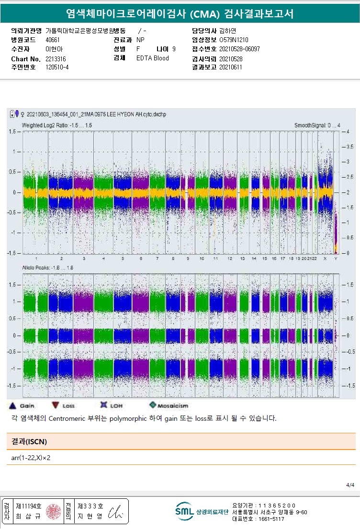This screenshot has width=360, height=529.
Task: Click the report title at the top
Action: coord(180,14)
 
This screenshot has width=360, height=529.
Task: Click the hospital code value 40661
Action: coord(53,40)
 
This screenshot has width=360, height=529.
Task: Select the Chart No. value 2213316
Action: coord(56,58)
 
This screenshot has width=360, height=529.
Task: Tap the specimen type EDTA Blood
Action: coord(152,58)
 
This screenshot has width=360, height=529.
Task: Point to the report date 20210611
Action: coord(231,68)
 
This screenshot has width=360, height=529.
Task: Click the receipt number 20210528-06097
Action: coord(239,49)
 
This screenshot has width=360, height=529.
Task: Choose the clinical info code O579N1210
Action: coord(234,40)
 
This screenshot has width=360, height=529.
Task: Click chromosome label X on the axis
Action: coord(326,259)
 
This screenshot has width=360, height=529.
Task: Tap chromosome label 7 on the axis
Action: coord(157,259)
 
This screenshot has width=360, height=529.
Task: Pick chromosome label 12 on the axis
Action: coord(230,259)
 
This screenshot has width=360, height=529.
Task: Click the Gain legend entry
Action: coord(22,405)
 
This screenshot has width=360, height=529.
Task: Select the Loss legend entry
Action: coord(63,405)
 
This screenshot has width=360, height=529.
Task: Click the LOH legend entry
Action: coord(111,405)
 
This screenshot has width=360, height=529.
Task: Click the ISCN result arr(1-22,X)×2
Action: coord(31,458)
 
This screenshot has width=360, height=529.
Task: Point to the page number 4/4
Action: coord(350,485)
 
